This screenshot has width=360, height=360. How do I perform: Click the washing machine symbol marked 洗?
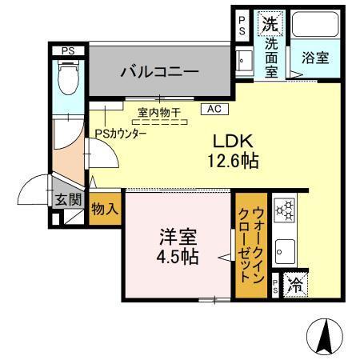click(269, 23)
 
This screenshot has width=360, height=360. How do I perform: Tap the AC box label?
click(214, 108)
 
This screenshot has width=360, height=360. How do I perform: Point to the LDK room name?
click(231, 140)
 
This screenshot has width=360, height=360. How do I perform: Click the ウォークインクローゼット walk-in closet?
click(250, 244)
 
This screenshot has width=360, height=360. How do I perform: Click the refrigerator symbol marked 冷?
click(294, 285)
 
